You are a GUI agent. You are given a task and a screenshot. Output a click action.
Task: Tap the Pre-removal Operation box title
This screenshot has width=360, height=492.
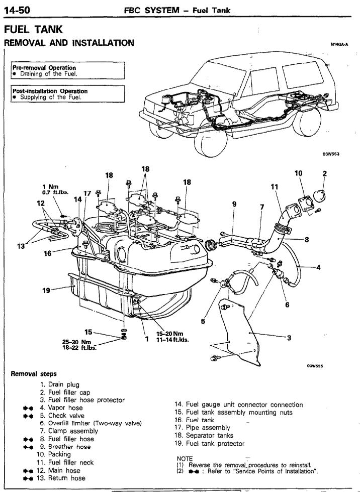click(x=44, y=68)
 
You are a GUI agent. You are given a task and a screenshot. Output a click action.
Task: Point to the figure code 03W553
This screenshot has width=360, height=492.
click(x=330, y=154)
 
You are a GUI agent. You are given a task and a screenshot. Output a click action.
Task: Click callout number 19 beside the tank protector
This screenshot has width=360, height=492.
click(x=46, y=290)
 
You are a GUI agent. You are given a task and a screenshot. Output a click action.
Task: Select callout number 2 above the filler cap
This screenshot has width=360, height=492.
click(x=325, y=174)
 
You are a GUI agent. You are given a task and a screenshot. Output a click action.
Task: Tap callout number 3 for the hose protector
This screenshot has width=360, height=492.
click(x=289, y=338)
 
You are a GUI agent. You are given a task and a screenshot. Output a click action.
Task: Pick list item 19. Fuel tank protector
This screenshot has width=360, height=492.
click(x=209, y=443)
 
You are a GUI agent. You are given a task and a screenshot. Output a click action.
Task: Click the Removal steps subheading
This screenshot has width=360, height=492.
click(x=34, y=374)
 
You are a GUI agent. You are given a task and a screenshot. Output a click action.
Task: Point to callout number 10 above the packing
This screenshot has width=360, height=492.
click(x=298, y=173)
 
